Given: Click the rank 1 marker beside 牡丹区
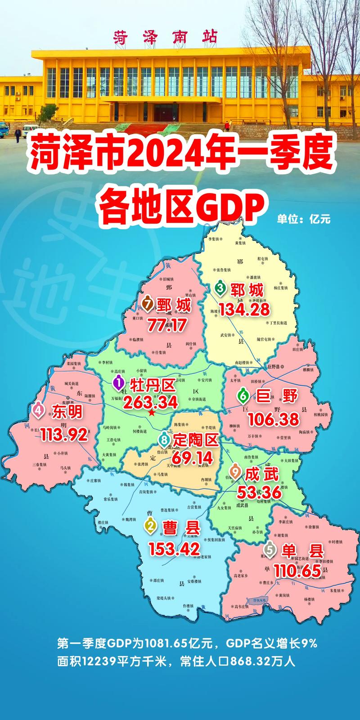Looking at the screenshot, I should [x=118, y=383].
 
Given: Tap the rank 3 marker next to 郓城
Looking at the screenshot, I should [x=220, y=288].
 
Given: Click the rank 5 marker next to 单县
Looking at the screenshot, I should [x=269, y=549].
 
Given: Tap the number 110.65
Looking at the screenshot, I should [x=298, y=571].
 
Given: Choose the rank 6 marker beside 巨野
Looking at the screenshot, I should [x=243, y=396].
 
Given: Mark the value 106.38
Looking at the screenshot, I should [x=273, y=419].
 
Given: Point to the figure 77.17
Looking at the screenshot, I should [x=167, y=324].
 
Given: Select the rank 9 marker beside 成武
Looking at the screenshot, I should [x=235, y=471].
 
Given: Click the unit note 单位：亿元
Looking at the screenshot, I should [x=304, y=219].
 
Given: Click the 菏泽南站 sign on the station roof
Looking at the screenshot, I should [x=165, y=37].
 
